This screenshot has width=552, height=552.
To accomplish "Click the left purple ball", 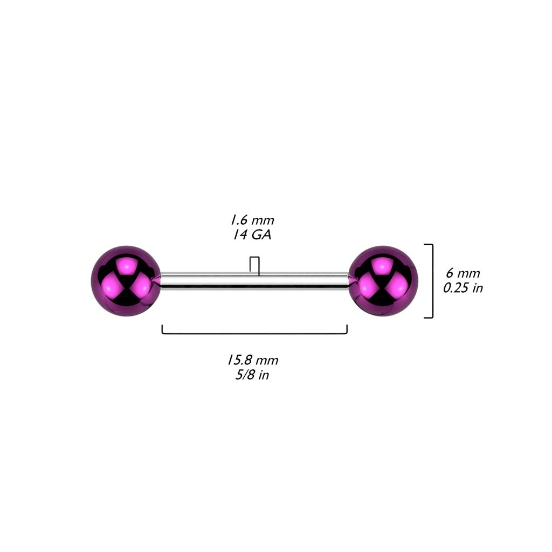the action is (x=126, y=281).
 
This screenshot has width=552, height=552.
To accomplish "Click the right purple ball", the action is (x=383, y=281).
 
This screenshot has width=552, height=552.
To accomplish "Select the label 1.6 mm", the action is (x=252, y=220).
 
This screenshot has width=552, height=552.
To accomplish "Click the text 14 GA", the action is (x=252, y=235).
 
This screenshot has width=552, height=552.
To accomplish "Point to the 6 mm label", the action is (x=463, y=273).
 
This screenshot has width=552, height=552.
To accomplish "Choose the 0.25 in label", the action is (x=463, y=288).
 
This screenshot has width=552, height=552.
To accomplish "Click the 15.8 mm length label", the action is (x=252, y=360).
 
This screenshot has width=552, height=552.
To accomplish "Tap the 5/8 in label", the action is (x=252, y=375).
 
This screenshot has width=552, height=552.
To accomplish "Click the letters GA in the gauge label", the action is (x=261, y=235).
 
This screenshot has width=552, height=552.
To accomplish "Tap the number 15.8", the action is (x=239, y=360).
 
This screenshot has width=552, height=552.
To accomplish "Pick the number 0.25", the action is (x=455, y=288).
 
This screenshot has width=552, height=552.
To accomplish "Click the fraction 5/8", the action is (x=245, y=375).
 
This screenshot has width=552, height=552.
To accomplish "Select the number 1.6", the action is (x=238, y=220).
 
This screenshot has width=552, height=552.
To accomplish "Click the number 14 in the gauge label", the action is (x=240, y=235).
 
